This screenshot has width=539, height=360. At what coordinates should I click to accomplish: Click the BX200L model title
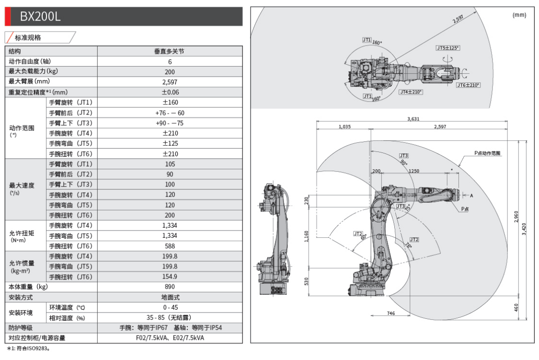coord(40,17)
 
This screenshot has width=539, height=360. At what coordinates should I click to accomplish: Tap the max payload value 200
coord(170,72)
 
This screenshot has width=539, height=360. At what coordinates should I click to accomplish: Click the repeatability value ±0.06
coord(170,92)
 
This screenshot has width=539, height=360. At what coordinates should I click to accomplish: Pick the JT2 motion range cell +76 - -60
coord(170,113)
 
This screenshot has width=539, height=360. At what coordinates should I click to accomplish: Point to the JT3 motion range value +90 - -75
coord(170,123)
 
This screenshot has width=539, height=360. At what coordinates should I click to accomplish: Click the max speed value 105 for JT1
coord(170,164)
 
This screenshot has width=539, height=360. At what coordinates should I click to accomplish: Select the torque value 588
coord(170,246)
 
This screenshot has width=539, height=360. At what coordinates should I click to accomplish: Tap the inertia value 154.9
coord(170,277)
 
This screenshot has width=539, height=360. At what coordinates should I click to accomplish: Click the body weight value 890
coord(170,287)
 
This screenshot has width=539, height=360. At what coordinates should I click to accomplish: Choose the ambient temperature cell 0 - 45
coord(170,307)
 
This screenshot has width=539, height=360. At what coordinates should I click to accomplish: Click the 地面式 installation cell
coord(170,297)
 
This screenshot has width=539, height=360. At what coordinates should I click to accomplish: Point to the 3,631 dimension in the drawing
coord(412,119)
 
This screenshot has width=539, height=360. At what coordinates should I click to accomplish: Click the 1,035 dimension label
coord(344,127)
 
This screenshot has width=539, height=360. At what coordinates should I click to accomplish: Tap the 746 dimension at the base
coord(390,313)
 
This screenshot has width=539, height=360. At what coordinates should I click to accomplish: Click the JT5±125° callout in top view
coord(447,48)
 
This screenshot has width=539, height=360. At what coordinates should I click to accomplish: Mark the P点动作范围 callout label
coord(487,153)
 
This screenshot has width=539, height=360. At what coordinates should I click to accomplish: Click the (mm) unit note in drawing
coord(519,15)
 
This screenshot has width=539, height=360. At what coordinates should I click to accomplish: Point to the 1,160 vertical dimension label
coord(307,236)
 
